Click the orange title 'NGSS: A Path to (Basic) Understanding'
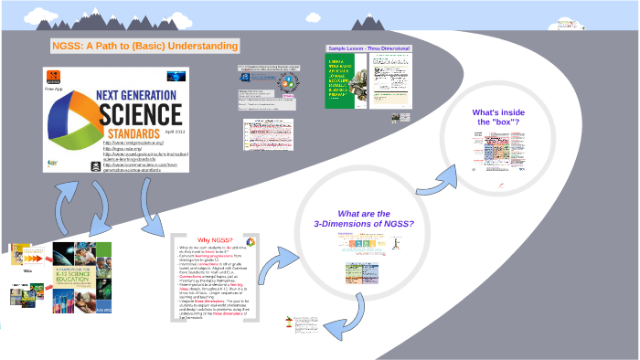click(x=144, y=46)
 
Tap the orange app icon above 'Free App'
click(x=54, y=78)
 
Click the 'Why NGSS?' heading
click(x=214, y=239)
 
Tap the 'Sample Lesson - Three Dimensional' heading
click(x=368, y=48)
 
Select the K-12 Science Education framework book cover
click(x=73, y=273)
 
